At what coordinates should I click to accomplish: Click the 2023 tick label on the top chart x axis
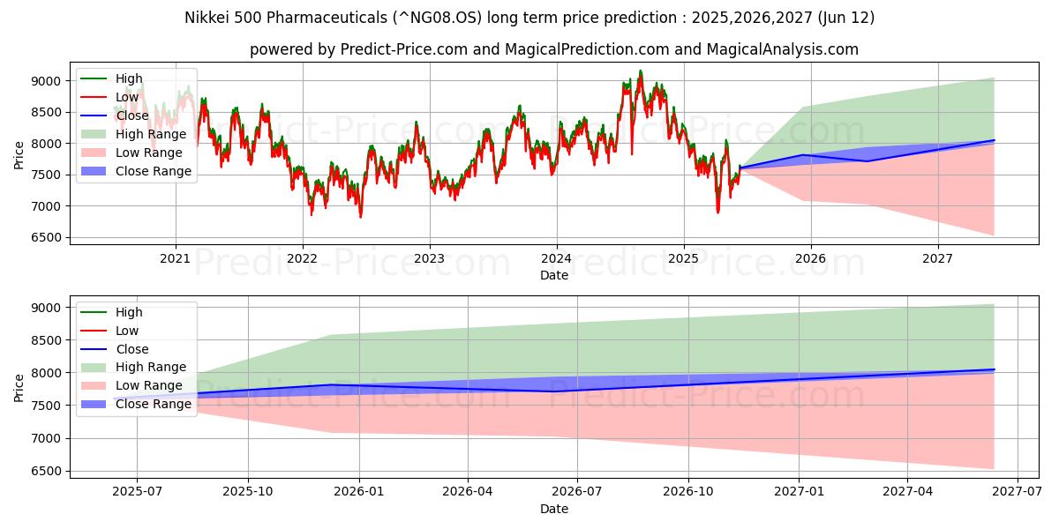click(x=430, y=257)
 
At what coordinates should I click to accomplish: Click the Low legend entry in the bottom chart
click(x=128, y=331)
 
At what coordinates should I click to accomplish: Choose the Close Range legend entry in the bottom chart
click(x=154, y=404)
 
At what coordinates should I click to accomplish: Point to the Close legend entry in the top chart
click(x=132, y=115)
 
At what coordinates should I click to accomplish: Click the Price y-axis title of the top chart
click(x=19, y=155)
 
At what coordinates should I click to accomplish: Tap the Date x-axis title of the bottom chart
click(x=554, y=509)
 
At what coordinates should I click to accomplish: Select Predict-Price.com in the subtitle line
click(x=404, y=49)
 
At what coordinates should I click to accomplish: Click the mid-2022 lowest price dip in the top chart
click(x=360, y=215)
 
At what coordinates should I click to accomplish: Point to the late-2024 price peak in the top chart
click(x=641, y=71)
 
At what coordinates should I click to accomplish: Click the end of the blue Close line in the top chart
click(x=994, y=140)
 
